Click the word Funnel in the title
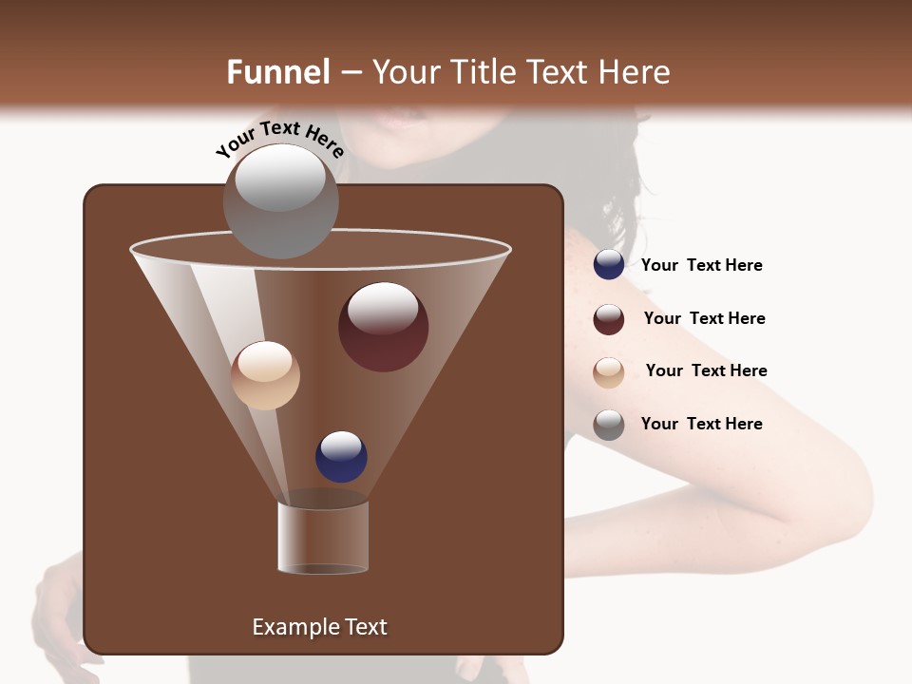(x=278, y=72)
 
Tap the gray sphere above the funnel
(x=280, y=200)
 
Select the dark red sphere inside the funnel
(x=383, y=327)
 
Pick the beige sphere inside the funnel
(x=265, y=375)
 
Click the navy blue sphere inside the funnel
(x=341, y=456)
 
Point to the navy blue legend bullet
(x=609, y=264)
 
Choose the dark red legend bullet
(x=609, y=318)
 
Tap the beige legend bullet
(x=609, y=371)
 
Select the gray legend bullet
(x=609, y=424)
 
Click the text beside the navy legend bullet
(x=701, y=265)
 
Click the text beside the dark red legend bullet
(x=704, y=318)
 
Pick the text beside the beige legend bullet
(x=706, y=370)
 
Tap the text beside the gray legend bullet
(x=701, y=424)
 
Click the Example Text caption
(x=319, y=627)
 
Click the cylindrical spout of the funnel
(x=323, y=538)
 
